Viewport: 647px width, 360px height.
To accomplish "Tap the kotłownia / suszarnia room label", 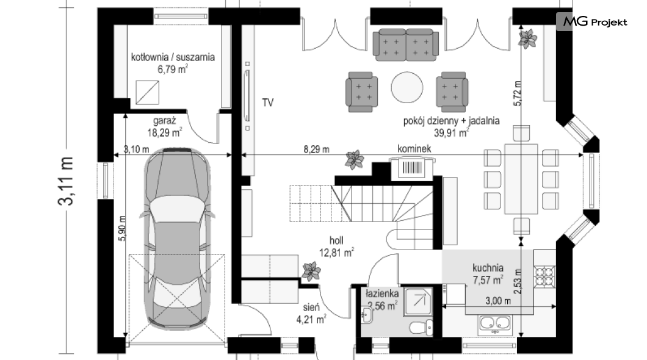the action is coord(173,57).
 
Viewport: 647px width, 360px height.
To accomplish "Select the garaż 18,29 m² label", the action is coord(165,126).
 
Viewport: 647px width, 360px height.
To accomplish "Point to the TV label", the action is coord(268,103).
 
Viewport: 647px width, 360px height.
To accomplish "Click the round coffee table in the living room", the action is coord(407,87).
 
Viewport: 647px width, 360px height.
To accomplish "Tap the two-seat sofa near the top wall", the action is coord(406,45).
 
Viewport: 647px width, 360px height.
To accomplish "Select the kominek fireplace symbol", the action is coord(413,168).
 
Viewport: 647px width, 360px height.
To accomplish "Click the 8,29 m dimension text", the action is coord(317,149).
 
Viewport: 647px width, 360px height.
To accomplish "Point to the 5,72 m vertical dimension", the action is coord(518,93).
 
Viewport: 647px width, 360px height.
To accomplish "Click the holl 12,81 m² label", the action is coord(336,246).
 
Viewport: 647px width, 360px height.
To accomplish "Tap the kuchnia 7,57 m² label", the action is coord(488,274).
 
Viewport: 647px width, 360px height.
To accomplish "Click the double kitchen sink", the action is coord(495,325).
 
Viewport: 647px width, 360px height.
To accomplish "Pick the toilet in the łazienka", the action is coord(422,328).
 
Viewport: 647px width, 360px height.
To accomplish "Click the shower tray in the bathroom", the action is coord(419,302).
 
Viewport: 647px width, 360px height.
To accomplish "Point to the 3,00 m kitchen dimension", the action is coord(498,301).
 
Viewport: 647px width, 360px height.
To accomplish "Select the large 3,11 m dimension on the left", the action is coord(66,181).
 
